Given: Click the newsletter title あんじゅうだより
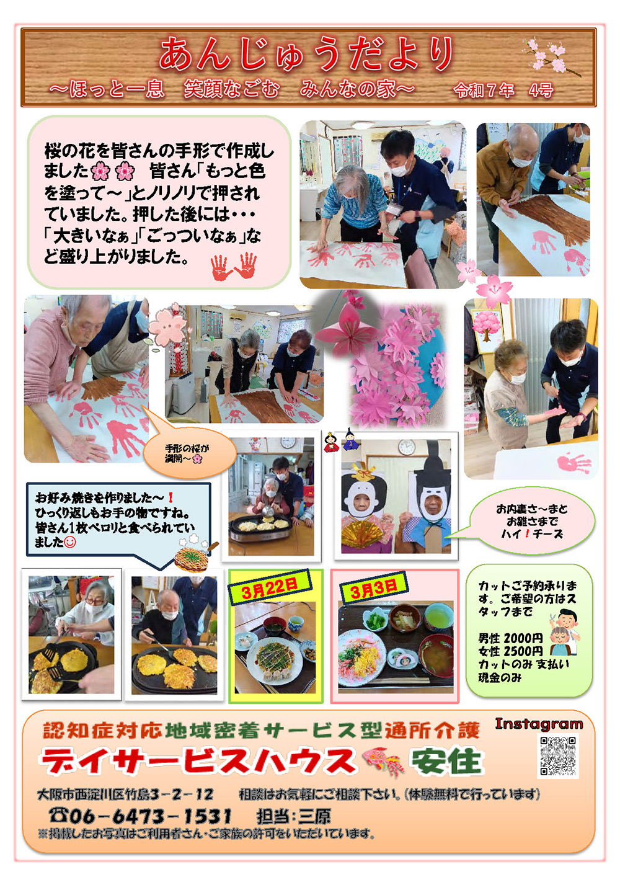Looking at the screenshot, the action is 306,53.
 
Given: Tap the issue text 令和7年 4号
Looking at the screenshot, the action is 503,91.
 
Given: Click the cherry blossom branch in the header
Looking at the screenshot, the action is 552,57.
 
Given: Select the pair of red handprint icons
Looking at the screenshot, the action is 234,266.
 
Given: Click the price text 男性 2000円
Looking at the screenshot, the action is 510,639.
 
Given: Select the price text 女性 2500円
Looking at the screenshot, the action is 510,651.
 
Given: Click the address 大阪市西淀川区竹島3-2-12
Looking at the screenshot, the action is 125,794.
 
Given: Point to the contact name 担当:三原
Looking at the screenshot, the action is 293,816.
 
